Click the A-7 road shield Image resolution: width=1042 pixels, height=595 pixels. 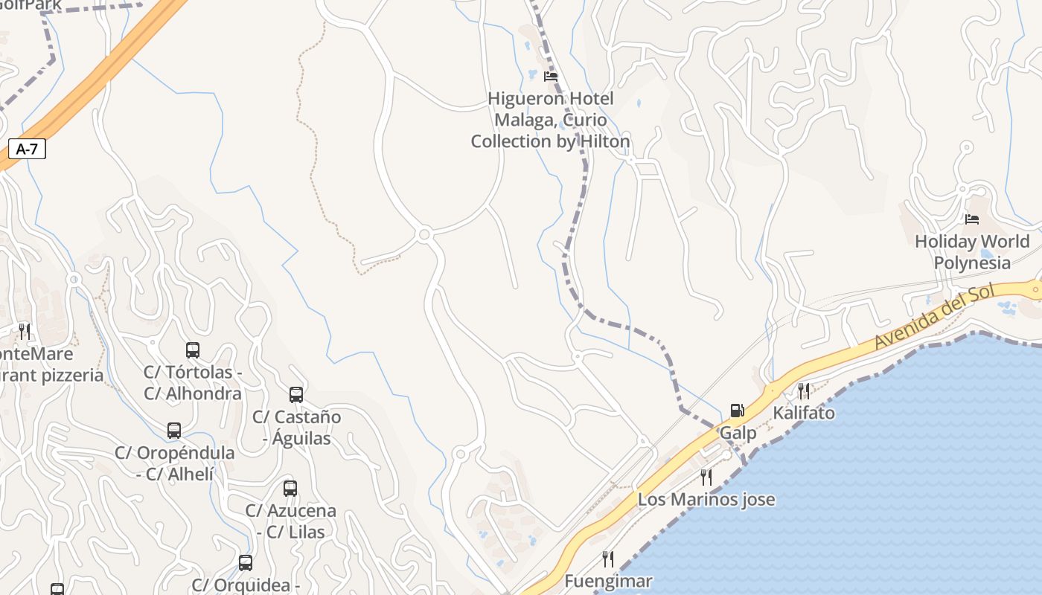(x=27, y=149)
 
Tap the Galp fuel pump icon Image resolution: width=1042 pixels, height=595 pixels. (x=737, y=411)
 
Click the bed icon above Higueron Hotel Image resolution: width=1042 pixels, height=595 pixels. (x=551, y=76)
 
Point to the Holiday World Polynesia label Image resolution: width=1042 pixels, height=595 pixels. (x=972, y=252)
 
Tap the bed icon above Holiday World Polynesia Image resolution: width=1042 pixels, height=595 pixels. (x=972, y=219)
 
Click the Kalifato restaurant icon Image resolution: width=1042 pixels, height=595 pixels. (x=804, y=391)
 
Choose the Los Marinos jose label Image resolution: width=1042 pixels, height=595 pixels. (x=706, y=499)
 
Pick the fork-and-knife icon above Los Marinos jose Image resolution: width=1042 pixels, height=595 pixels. (x=706, y=477)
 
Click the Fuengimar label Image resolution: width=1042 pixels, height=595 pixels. (x=608, y=581)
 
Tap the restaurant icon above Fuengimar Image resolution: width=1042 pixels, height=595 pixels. (x=608, y=559)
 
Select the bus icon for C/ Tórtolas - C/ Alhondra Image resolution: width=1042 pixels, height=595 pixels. (x=193, y=350)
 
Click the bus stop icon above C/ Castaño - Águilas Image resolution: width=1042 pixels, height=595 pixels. (x=296, y=394)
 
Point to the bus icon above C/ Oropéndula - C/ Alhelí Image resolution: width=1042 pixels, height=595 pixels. (x=174, y=430)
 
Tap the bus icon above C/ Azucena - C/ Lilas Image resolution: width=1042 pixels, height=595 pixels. (x=290, y=488)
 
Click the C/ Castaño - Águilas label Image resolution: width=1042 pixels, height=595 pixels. (x=296, y=428)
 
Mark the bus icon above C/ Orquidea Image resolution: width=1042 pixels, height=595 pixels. (x=246, y=562)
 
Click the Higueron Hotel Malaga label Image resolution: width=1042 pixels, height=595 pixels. (x=551, y=120)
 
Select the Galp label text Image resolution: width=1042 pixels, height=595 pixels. (x=738, y=433)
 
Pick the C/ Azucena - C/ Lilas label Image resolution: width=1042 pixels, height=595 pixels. (x=290, y=521)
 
